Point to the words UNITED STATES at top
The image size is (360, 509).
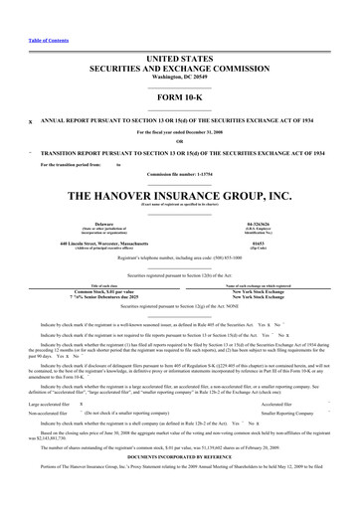pyautogui.click(x=180, y=33)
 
